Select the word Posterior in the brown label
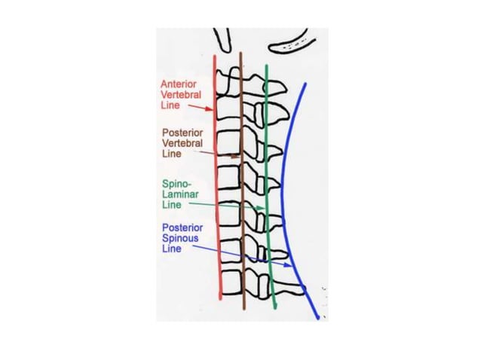tap(180, 132)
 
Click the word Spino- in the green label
tap(176, 183)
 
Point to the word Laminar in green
tap(178, 194)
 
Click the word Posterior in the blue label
tap(180, 227)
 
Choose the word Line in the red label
tap(169, 107)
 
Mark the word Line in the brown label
tap(171, 154)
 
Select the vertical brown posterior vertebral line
tap(242, 226)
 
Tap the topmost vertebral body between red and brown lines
tap(228, 78)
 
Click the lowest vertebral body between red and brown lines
tap(230, 283)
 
